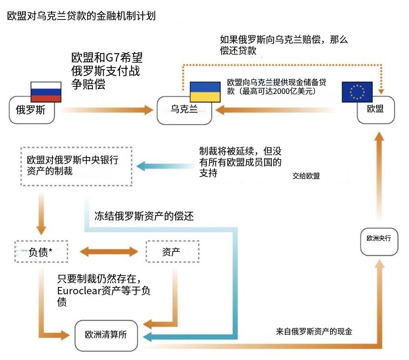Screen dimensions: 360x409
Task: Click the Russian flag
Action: (x=46, y=92)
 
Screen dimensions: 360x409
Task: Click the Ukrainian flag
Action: (x=205, y=92)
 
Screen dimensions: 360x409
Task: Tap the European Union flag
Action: (x=357, y=92)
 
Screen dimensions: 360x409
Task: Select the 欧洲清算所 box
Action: (x=106, y=335)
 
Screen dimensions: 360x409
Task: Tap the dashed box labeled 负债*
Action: (x=41, y=251)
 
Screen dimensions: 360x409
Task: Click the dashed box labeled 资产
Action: (x=173, y=251)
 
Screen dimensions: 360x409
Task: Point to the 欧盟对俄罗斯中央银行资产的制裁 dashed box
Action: (x=76, y=166)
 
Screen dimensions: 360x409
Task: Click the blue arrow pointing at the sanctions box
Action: (x=164, y=166)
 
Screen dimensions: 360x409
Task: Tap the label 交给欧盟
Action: (x=306, y=176)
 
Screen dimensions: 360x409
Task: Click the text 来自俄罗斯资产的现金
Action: (x=314, y=331)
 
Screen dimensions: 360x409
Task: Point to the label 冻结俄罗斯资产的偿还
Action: (x=144, y=216)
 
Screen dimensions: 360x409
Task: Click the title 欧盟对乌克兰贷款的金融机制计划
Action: (x=81, y=16)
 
